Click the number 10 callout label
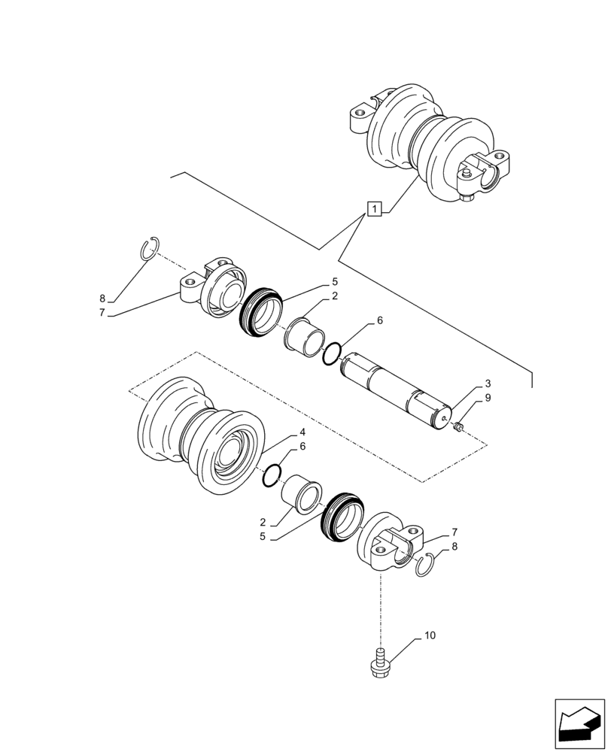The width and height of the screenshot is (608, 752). (x=430, y=636)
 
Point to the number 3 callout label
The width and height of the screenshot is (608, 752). (x=488, y=384)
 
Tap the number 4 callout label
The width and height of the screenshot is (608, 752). (x=302, y=433)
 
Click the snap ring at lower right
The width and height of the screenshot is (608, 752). (x=426, y=564)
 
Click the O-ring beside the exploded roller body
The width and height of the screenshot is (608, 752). (x=273, y=475)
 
